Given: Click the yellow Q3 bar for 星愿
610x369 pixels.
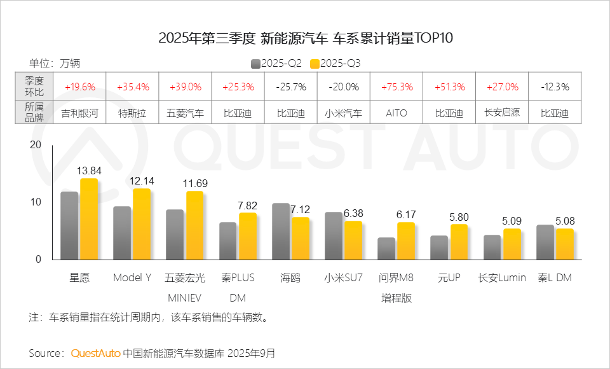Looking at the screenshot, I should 89,219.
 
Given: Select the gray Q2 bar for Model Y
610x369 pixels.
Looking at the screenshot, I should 122,233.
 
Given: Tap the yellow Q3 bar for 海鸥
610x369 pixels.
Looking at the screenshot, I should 300,238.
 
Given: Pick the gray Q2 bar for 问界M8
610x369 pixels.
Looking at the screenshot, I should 386,248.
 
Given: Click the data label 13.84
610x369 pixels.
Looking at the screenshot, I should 89,171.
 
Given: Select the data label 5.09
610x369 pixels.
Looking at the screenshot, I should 512,221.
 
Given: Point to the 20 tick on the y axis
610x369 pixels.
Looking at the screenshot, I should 36,145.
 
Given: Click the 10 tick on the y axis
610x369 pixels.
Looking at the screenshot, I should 36,202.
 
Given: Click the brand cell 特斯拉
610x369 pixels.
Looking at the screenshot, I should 132,113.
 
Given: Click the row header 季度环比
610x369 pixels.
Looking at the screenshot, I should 34,87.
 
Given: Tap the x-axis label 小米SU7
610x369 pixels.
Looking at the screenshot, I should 343,278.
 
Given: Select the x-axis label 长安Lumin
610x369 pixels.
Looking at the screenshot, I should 502,278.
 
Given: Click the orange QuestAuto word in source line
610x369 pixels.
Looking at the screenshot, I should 95,352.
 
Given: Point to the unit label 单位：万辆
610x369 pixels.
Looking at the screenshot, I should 55,64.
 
